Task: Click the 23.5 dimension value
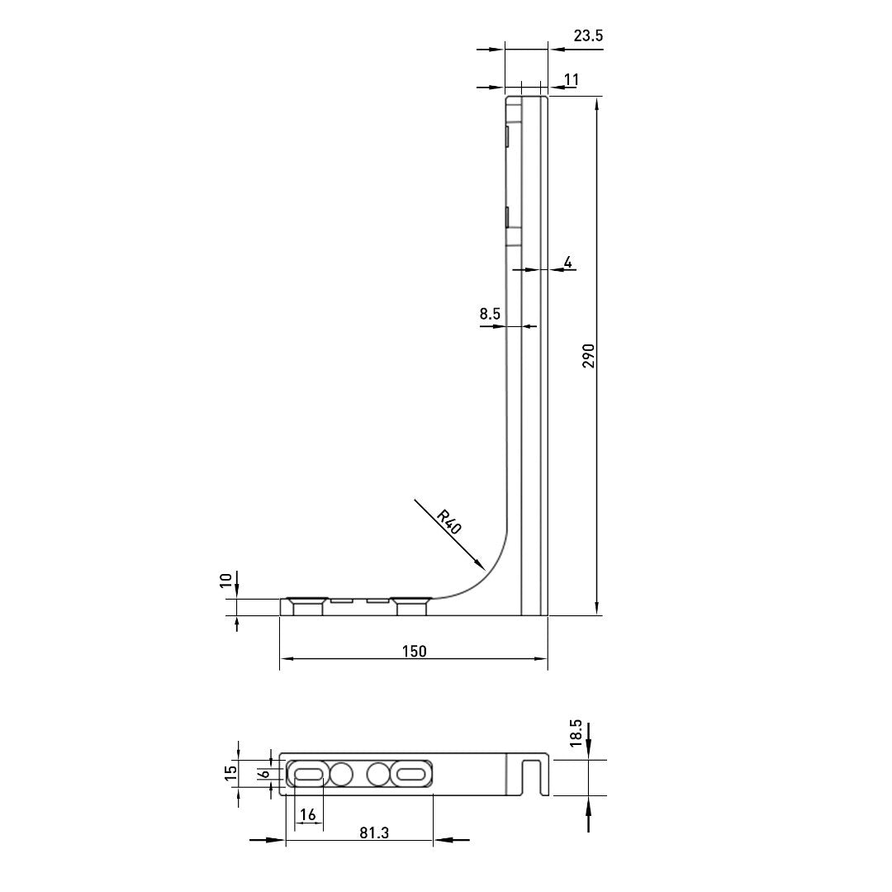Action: pyautogui.click(x=588, y=36)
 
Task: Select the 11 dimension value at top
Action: pyautogui.click(x=571, y=79)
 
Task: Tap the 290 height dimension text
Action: pyautogui.click(x=589, y=356)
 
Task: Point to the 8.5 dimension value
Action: pyautogui.click(x=490, y=314)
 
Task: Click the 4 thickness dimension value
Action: pyautogui.click(x=567, y=263)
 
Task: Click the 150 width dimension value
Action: pyautogui.click(x=414, y=651)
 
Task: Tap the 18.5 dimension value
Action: pyautogui.click(x=576, y=733)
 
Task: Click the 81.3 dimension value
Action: pyautogui.click(x=374, y=833)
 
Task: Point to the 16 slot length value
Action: pyautogui.click(x=308, y=815)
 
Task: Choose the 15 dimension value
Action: pyautogui.click(x=231, y=773)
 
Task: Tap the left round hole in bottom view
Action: pyautogui.click(x=341, y=775)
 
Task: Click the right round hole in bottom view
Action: pyautogui.click(x=378, y=775)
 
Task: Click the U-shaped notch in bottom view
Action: pyautogui.click(x=534, y=776)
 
